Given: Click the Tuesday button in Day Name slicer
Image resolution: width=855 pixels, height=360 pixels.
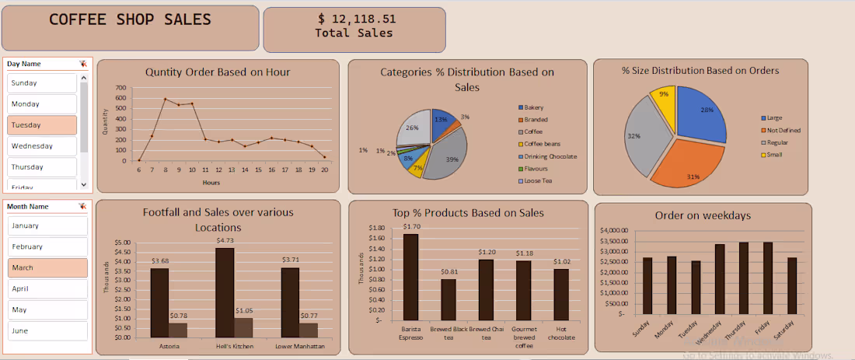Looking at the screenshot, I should (x=42, y=125).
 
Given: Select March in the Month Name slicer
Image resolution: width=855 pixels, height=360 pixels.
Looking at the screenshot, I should (x=47, y=267).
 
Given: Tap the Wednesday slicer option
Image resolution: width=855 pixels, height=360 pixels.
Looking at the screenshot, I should (x=42, y=146).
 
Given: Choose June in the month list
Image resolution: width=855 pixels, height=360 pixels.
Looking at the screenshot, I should (x=47, y=330).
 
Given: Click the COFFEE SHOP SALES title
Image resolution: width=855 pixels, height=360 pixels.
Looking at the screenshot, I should (x=130, y=20).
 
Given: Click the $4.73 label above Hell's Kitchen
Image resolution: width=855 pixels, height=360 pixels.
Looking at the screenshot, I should (x=225, y=241).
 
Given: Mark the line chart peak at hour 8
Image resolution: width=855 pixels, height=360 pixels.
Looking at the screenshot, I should (x=165, y=99).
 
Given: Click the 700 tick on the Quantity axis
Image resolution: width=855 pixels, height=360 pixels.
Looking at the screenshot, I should (x=120, y=88).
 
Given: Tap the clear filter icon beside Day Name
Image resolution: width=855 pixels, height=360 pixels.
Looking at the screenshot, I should (x=82, y=64).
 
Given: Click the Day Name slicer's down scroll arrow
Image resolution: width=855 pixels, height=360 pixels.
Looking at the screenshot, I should (x=84, y=184).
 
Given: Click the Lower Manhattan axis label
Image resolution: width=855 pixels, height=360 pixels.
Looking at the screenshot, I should (x=298, y=345).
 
